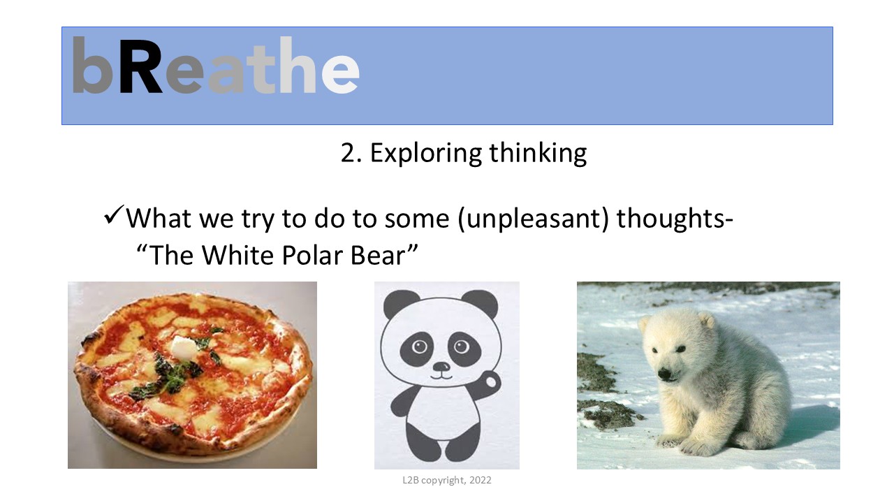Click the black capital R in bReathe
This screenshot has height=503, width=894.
click(141, 66)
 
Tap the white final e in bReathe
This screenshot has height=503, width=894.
click(340, 73)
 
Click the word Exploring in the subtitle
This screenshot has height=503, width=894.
click(426, 154)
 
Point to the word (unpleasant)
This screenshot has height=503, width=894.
click(534, 219)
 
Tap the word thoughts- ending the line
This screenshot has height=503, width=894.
click(675, 219)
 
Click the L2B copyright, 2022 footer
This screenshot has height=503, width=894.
click(447, 480)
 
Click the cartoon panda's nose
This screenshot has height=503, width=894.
click(441, 367)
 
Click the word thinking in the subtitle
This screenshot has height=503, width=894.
click(538, 154)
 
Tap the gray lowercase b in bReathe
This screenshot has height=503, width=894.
click(91, 65)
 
